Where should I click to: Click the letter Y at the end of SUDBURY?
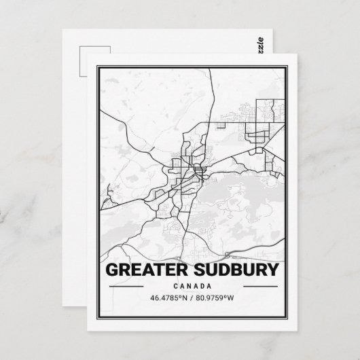(x=272, y=270)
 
